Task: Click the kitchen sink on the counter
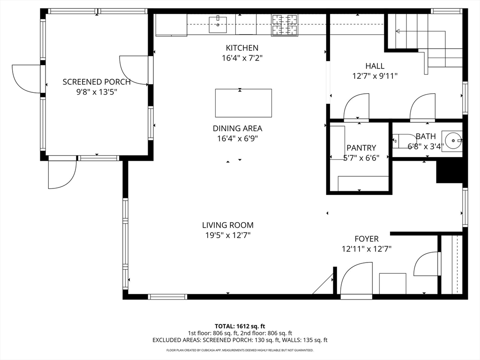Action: [x=218, y=24]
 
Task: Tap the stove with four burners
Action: [x=285, y=25]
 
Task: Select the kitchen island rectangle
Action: [x=243, y=103]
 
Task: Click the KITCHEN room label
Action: [x=242, y=48]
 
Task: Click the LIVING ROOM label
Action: [x=228, y=225]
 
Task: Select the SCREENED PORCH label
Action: [x=97, y=82]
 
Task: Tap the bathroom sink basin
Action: [x=453, y=140]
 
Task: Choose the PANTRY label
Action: [x=361, y=148]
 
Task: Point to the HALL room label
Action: [x=375, y=66]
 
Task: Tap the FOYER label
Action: [x=366, y=239]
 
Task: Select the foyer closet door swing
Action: [x=427, y=264]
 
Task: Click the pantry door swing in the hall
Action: [x=356, y=107]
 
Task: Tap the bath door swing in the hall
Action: [x=423, y=107]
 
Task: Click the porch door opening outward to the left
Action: [x=27, y=79]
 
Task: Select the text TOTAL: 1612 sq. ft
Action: [x=240, y=326]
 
